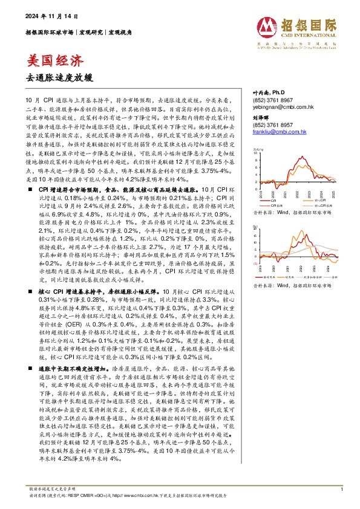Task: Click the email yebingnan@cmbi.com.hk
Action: (x=274, y=106)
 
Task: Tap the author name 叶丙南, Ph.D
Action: (x=268, y=92)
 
